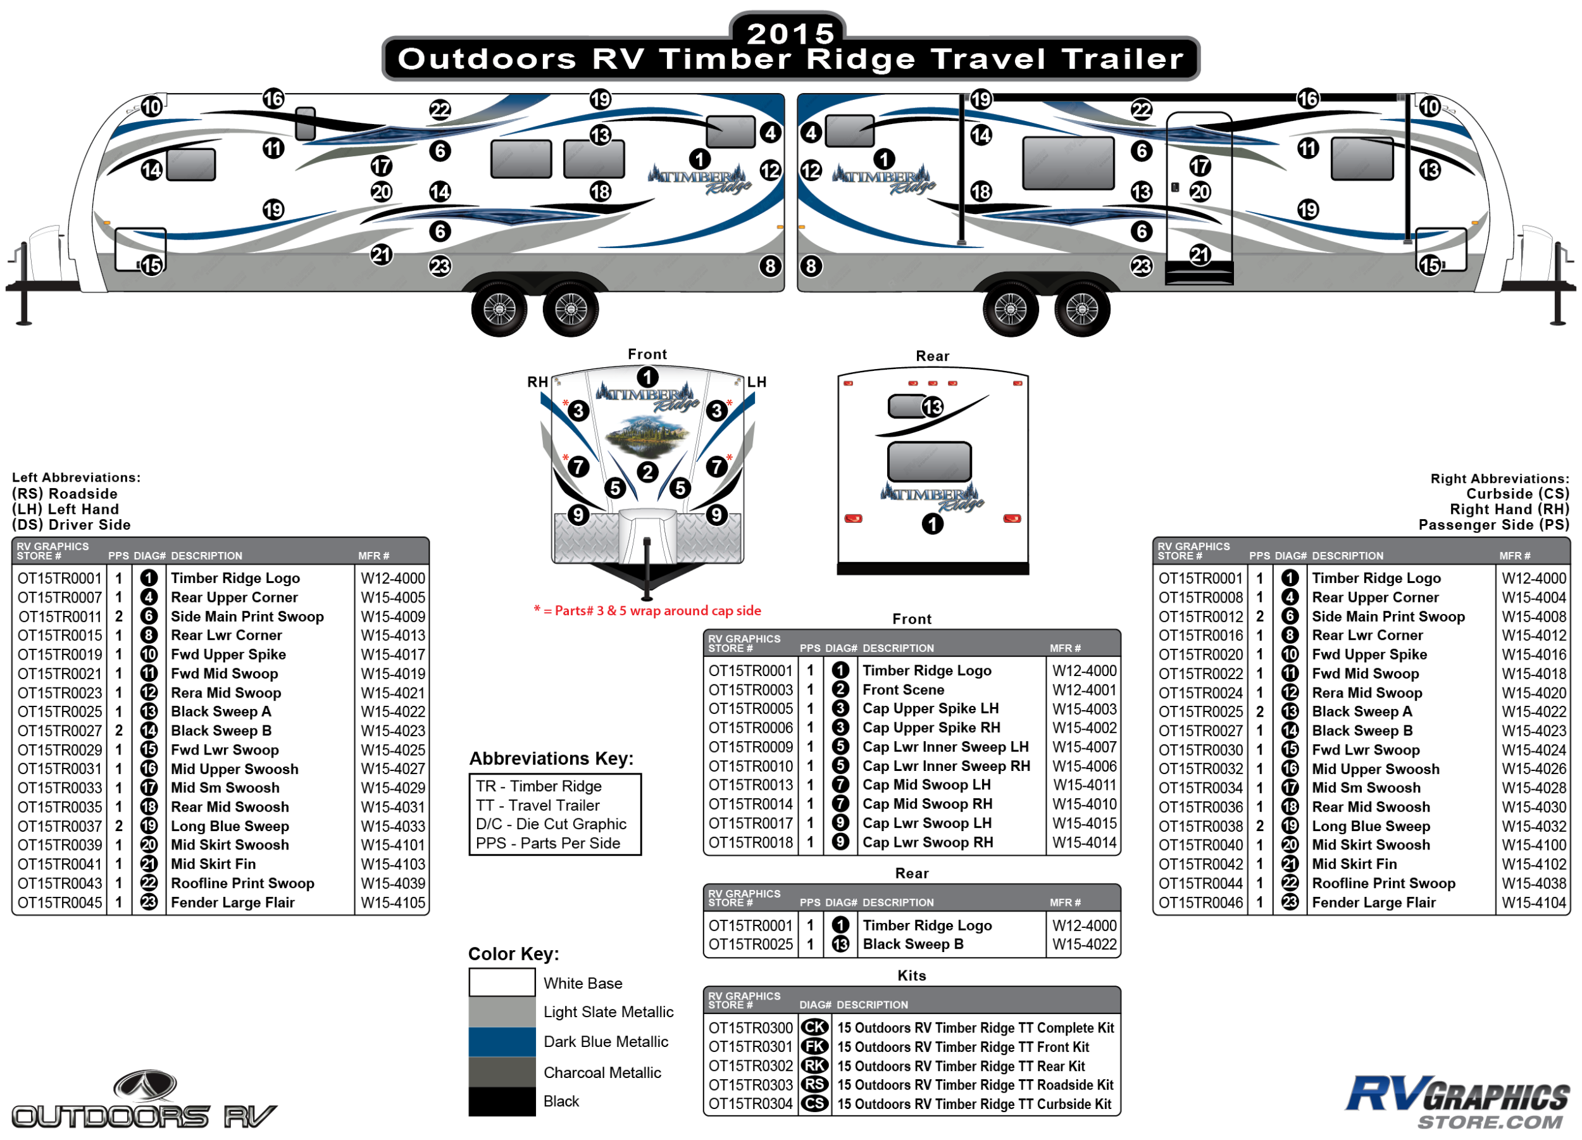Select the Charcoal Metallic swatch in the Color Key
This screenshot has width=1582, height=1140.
click(502, 1072)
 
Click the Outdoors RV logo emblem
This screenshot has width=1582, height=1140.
click(145, 1086)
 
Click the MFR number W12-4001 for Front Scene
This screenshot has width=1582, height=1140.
click(1084, 689)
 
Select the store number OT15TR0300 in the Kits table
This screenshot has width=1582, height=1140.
click(751, 1028)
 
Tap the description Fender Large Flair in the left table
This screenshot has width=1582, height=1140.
click(233, 902)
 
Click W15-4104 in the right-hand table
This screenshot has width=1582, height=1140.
click(1534, 902)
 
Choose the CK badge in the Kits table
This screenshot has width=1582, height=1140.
click(814, 1028)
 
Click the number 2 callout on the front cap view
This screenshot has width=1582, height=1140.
click(648, 472)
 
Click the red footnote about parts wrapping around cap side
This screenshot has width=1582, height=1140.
click(647, 610)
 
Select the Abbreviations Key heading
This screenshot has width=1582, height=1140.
click(551, 758)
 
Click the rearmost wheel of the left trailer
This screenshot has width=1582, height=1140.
click(571, 308)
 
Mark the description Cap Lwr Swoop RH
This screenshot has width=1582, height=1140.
click(928, 842)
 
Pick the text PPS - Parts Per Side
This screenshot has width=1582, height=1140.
click(547, 842)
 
